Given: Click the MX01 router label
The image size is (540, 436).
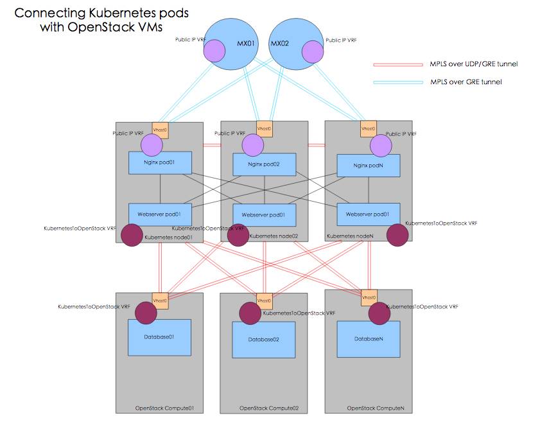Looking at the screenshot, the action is (246, 44).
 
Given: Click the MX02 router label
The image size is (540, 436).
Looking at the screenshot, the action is (280, 44).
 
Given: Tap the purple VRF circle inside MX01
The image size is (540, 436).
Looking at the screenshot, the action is (214, 51).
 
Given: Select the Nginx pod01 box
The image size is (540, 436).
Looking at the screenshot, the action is (160, 162).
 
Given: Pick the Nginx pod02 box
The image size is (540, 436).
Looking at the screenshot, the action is (265, 164).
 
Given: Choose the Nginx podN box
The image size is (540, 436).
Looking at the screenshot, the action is (369, 165).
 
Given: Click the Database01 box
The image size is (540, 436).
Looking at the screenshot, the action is (159, 338).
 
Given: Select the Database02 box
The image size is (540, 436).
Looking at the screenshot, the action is (264, 340).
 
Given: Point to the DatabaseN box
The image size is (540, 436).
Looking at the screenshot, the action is (369, 339).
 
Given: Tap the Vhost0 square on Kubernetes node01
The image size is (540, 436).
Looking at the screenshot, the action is (160, 130).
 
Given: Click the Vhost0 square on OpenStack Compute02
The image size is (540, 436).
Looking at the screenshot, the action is (265, 301).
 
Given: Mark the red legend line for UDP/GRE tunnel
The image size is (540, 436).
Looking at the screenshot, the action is (398, 65).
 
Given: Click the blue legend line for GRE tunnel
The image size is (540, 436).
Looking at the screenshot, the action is (398, 82).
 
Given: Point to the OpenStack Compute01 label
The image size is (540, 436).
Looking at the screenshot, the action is (164, 408).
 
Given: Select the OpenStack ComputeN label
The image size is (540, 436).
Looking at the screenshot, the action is (376, 408).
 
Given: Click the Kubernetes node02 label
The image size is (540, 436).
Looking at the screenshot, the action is (274, 236).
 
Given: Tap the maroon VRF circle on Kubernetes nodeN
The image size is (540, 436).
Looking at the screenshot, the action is (397, 235).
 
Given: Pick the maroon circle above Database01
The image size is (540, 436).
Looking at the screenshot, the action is (146, 313).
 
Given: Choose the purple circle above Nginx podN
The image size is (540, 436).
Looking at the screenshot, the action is (381, 146).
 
